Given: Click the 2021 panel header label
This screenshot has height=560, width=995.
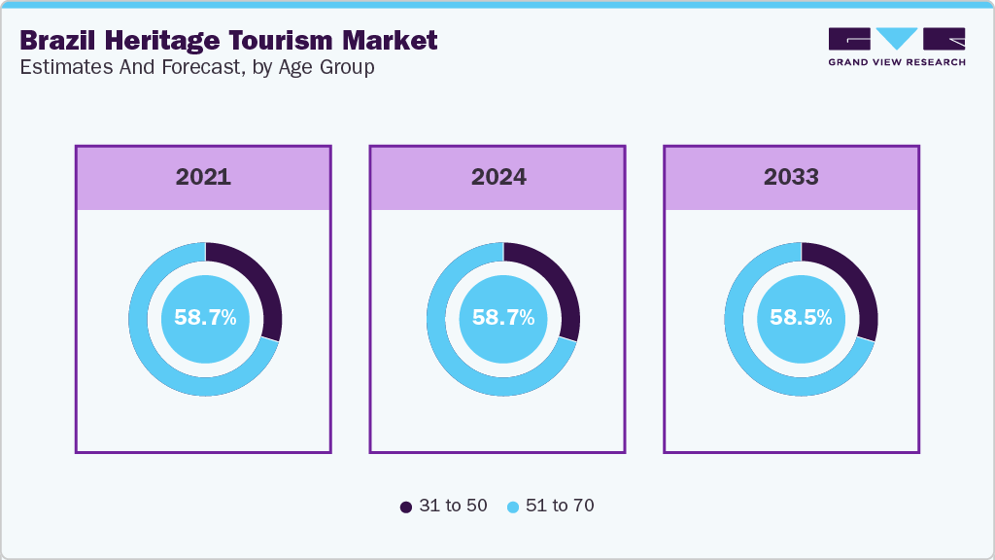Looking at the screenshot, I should click(203, 177).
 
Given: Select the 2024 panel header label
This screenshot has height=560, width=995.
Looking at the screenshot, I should click(498, 177).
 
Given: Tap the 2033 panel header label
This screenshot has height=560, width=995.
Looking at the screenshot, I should click(791, 177).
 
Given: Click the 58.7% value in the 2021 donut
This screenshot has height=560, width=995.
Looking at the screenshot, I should click(205, 317).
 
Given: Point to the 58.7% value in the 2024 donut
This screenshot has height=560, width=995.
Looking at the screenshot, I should click(503, 317).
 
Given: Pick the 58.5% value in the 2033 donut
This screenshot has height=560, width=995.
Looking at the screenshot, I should click(801, 317).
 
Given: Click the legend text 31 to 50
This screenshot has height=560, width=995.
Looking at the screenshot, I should click(453, 506).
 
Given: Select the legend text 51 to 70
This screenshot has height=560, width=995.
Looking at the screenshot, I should click(559, 506).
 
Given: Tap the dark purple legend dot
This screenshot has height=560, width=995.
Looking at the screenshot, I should click(406, 507).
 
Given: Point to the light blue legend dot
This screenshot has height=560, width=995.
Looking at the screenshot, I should click(512, 507).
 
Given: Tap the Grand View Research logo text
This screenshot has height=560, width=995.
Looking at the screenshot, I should click(897, 62).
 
